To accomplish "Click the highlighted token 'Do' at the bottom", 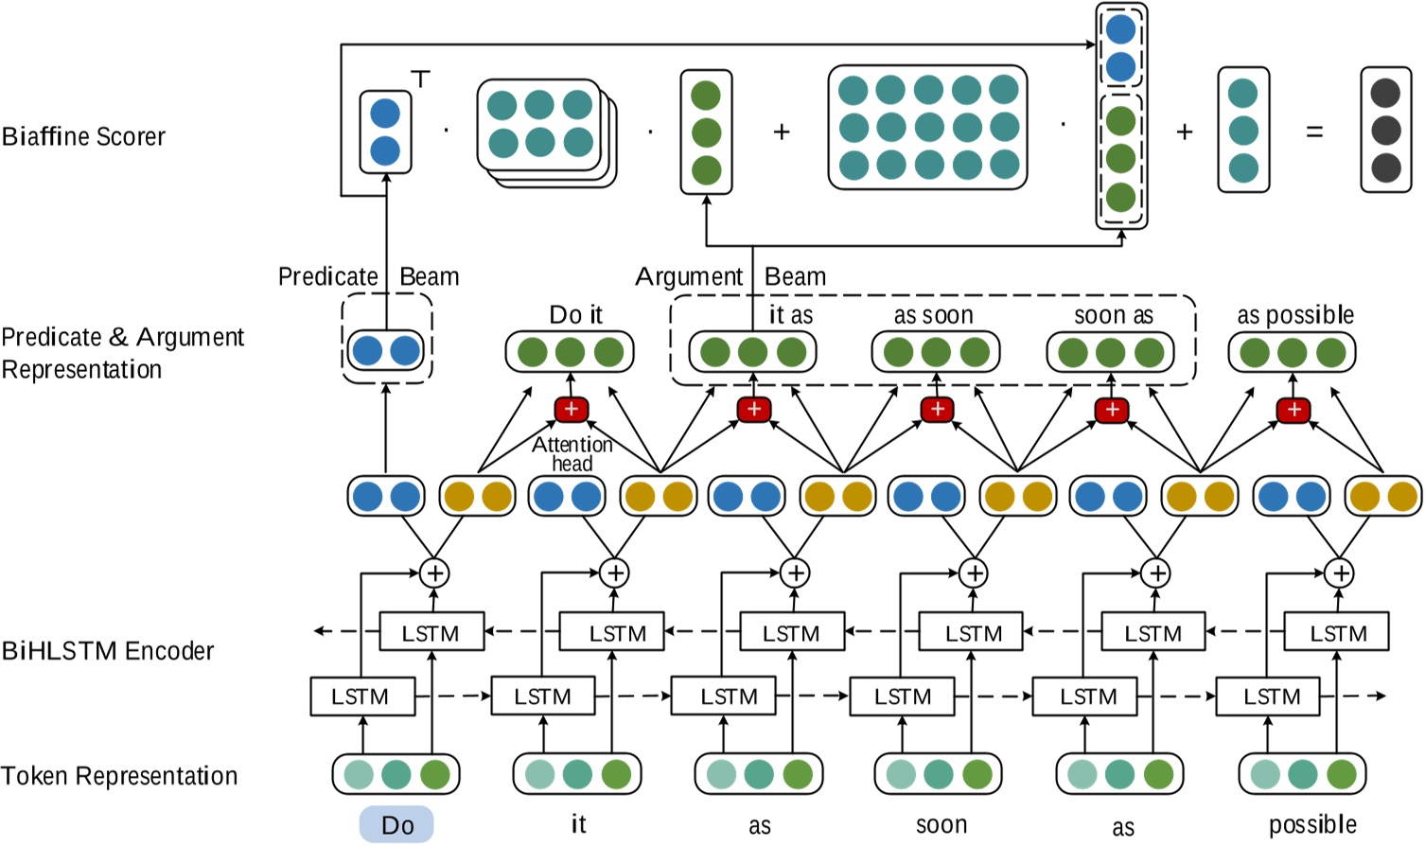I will [x=396, y=825].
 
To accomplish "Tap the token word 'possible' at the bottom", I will [x=1312, y=825].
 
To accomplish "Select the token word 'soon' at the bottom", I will [x=941, y=825].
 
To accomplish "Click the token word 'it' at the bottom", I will [x=578, y=824].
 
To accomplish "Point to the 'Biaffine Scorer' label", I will [x=83, y=137].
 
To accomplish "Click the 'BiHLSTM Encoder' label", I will [x=107, y=651].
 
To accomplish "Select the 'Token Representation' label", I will [x=119, y=776].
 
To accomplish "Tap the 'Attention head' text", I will [x=572, y=454].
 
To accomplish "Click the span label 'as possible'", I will [x=1295, y=315].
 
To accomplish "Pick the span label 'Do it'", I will [x=575, y=315].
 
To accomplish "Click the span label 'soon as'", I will [x=1114, y=315].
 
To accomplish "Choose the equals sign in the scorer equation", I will [x=1314, y=132].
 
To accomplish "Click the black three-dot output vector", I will [x=1385, y=131].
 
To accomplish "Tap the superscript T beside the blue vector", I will [x=421, y=79].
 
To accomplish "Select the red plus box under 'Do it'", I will [x=572, y=409].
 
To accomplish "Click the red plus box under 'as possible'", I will [x=1293, y=410].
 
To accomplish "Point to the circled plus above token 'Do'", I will [x=434, y=573].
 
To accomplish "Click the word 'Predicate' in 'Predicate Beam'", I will [x=327, y=276].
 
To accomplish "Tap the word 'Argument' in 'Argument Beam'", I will [x=689, y=276].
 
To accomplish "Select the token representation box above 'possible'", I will [x=1303, y=774].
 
